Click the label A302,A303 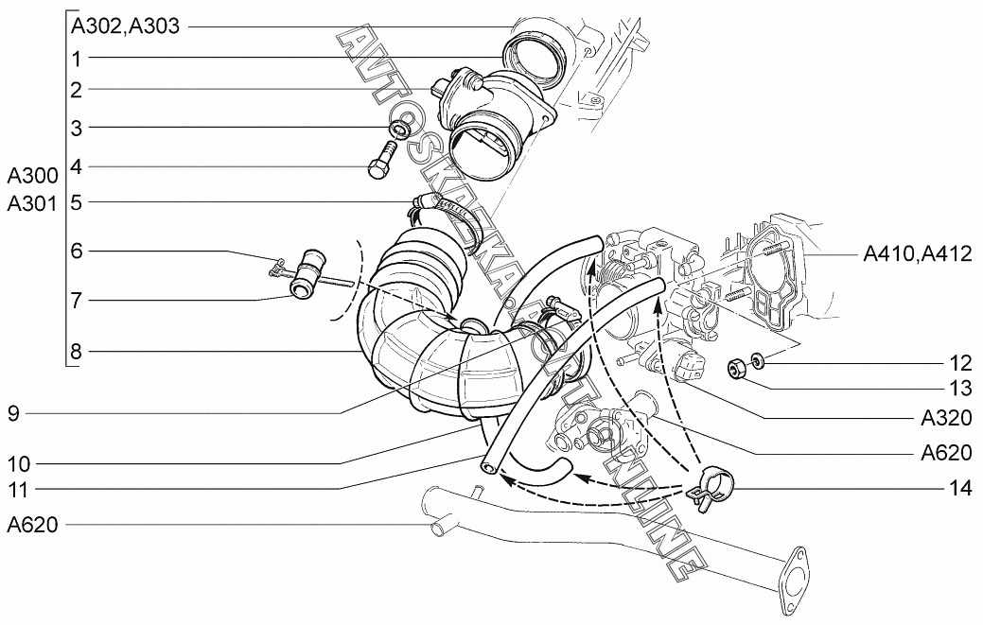click(x=126, y=26)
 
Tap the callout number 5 click(x=77, y=202)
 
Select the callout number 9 click(x=14, y=413)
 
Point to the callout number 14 click(x=959, y=487)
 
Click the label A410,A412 click(x=918, y=253)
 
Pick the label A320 click(x=946, y=418)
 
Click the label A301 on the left click(x=32, y=203)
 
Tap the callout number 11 click(x=19, y=489)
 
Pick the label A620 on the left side click(x=32, y=525)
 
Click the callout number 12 click(x=959, y=363)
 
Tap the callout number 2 click(x=77, y=90)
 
